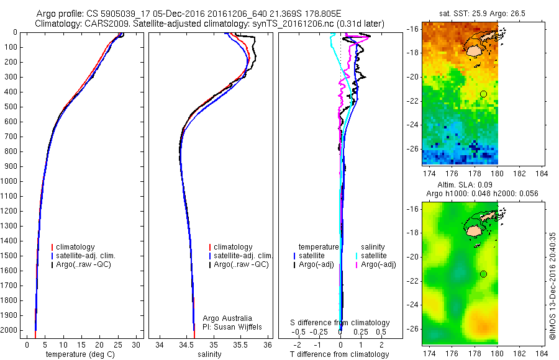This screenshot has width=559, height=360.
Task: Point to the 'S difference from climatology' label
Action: click(340, 323)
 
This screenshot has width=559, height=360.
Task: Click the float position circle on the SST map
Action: click(483, 94)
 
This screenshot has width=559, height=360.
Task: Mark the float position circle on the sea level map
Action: click(483, 274)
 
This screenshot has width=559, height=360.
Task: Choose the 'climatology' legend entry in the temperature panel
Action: click(78, 247)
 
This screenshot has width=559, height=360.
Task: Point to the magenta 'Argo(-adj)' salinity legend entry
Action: click(378, 264)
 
